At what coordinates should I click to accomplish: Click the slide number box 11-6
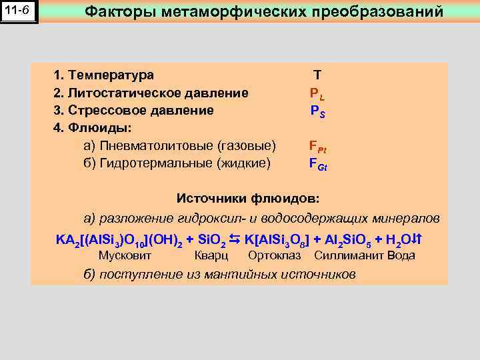[20, 12]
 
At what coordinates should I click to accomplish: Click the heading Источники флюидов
[248, 199]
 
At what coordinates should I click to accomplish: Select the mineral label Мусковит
[125, 255]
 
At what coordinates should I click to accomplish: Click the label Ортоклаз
[274, 255]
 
